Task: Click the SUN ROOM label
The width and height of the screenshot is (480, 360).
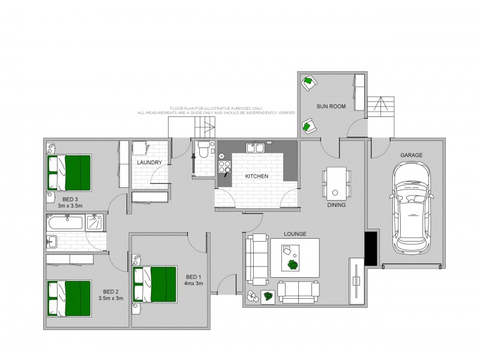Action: (331, 106)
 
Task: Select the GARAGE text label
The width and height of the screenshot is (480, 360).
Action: (412, 155)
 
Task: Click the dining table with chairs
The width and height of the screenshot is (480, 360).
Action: (335, 183)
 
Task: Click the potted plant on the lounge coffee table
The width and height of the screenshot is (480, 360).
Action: (293, 264)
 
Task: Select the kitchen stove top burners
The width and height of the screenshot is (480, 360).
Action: (224, 166)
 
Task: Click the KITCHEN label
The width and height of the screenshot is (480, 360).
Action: (256, 176)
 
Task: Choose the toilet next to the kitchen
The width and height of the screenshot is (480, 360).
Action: (203, 148)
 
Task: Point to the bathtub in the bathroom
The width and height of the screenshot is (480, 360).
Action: (67, 223)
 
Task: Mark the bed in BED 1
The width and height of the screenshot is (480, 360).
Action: (155, 284)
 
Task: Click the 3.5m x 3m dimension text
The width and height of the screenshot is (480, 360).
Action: (110, 298)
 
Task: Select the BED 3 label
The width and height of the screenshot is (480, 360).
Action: (70, 199)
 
